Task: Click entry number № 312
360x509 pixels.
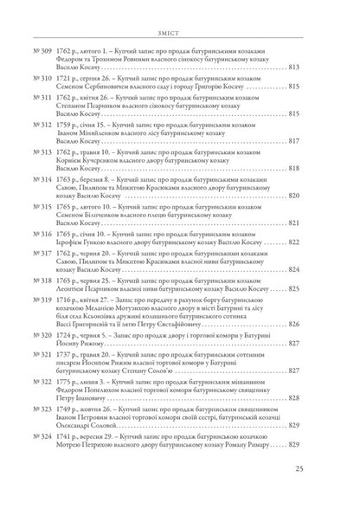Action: tap(47, 124)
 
